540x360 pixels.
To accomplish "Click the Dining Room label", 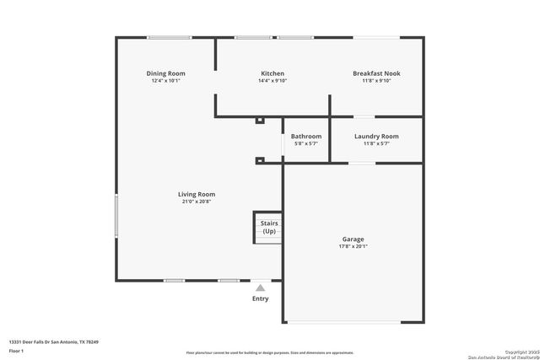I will pos(165,73).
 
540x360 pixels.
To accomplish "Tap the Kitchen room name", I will pos(273,73).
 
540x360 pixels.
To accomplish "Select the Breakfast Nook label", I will pos(376,73).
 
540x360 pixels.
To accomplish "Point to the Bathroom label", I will pos(306,136).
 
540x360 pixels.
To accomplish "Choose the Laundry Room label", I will pos(376,136).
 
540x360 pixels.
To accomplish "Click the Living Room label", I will pos(196,194).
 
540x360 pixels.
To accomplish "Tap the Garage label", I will pos(353,239).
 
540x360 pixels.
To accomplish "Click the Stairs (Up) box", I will pos(268,228).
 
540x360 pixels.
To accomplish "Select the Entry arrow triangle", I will pos(260,287).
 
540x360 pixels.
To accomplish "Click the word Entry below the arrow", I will pos(261,298).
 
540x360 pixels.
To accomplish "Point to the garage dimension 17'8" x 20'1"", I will pos(353,247).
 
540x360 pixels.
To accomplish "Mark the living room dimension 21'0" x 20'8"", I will pos(196,201).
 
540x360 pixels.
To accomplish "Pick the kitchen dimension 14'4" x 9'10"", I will pos(273,81).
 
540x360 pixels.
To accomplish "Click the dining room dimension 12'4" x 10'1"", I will pos(165,81).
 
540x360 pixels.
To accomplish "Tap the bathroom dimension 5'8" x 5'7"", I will pos(306,143).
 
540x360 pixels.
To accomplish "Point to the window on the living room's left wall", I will pos(116,217).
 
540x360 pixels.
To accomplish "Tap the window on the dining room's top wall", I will pos(169,37).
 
